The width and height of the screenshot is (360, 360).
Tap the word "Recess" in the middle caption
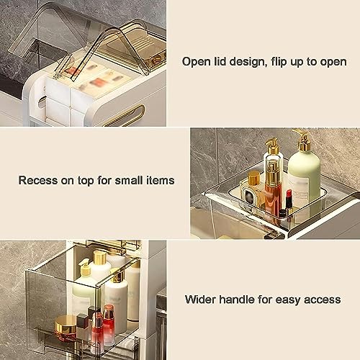click(x=38, y=180)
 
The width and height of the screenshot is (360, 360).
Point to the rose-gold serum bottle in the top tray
click(x=272, y=189)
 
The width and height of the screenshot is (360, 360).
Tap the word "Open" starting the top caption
click(x=196, y=61)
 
